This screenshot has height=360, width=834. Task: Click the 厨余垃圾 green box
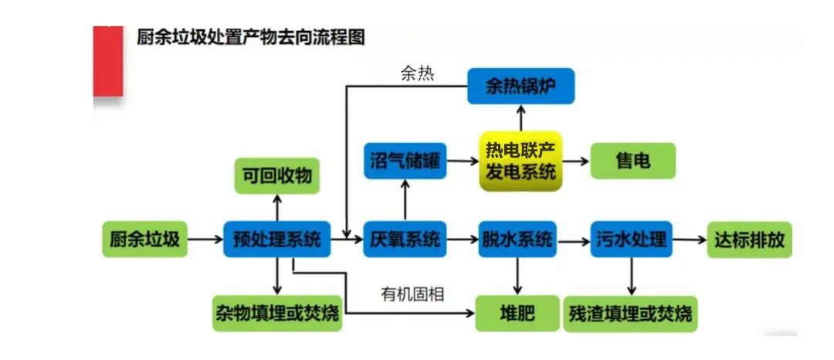click(x=144, y=239)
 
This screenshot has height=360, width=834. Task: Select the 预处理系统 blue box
click(x=276, y=239)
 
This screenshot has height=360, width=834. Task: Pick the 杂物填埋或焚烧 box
click(x=276, y=314)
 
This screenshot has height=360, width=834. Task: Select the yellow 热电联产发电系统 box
click(x=520, y=161)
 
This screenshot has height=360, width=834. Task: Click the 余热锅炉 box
click(x=520, y=86)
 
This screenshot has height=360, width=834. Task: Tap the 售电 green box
click(x=632, y=161)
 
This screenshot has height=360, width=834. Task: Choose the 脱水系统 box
click(x=517, y=239)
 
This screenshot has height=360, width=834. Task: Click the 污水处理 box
click(x=632, y=239)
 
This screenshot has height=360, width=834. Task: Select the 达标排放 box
click(x=750, y=239)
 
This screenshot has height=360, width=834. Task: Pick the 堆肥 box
click(x=517, y=314)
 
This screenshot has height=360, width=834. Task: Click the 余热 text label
click(x=417, y=73)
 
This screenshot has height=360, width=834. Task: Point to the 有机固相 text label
click(x=412, y=294)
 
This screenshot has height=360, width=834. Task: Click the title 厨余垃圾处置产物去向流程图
click(x=251, y=37)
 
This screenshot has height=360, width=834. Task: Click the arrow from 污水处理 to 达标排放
click(x=690, y=239)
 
